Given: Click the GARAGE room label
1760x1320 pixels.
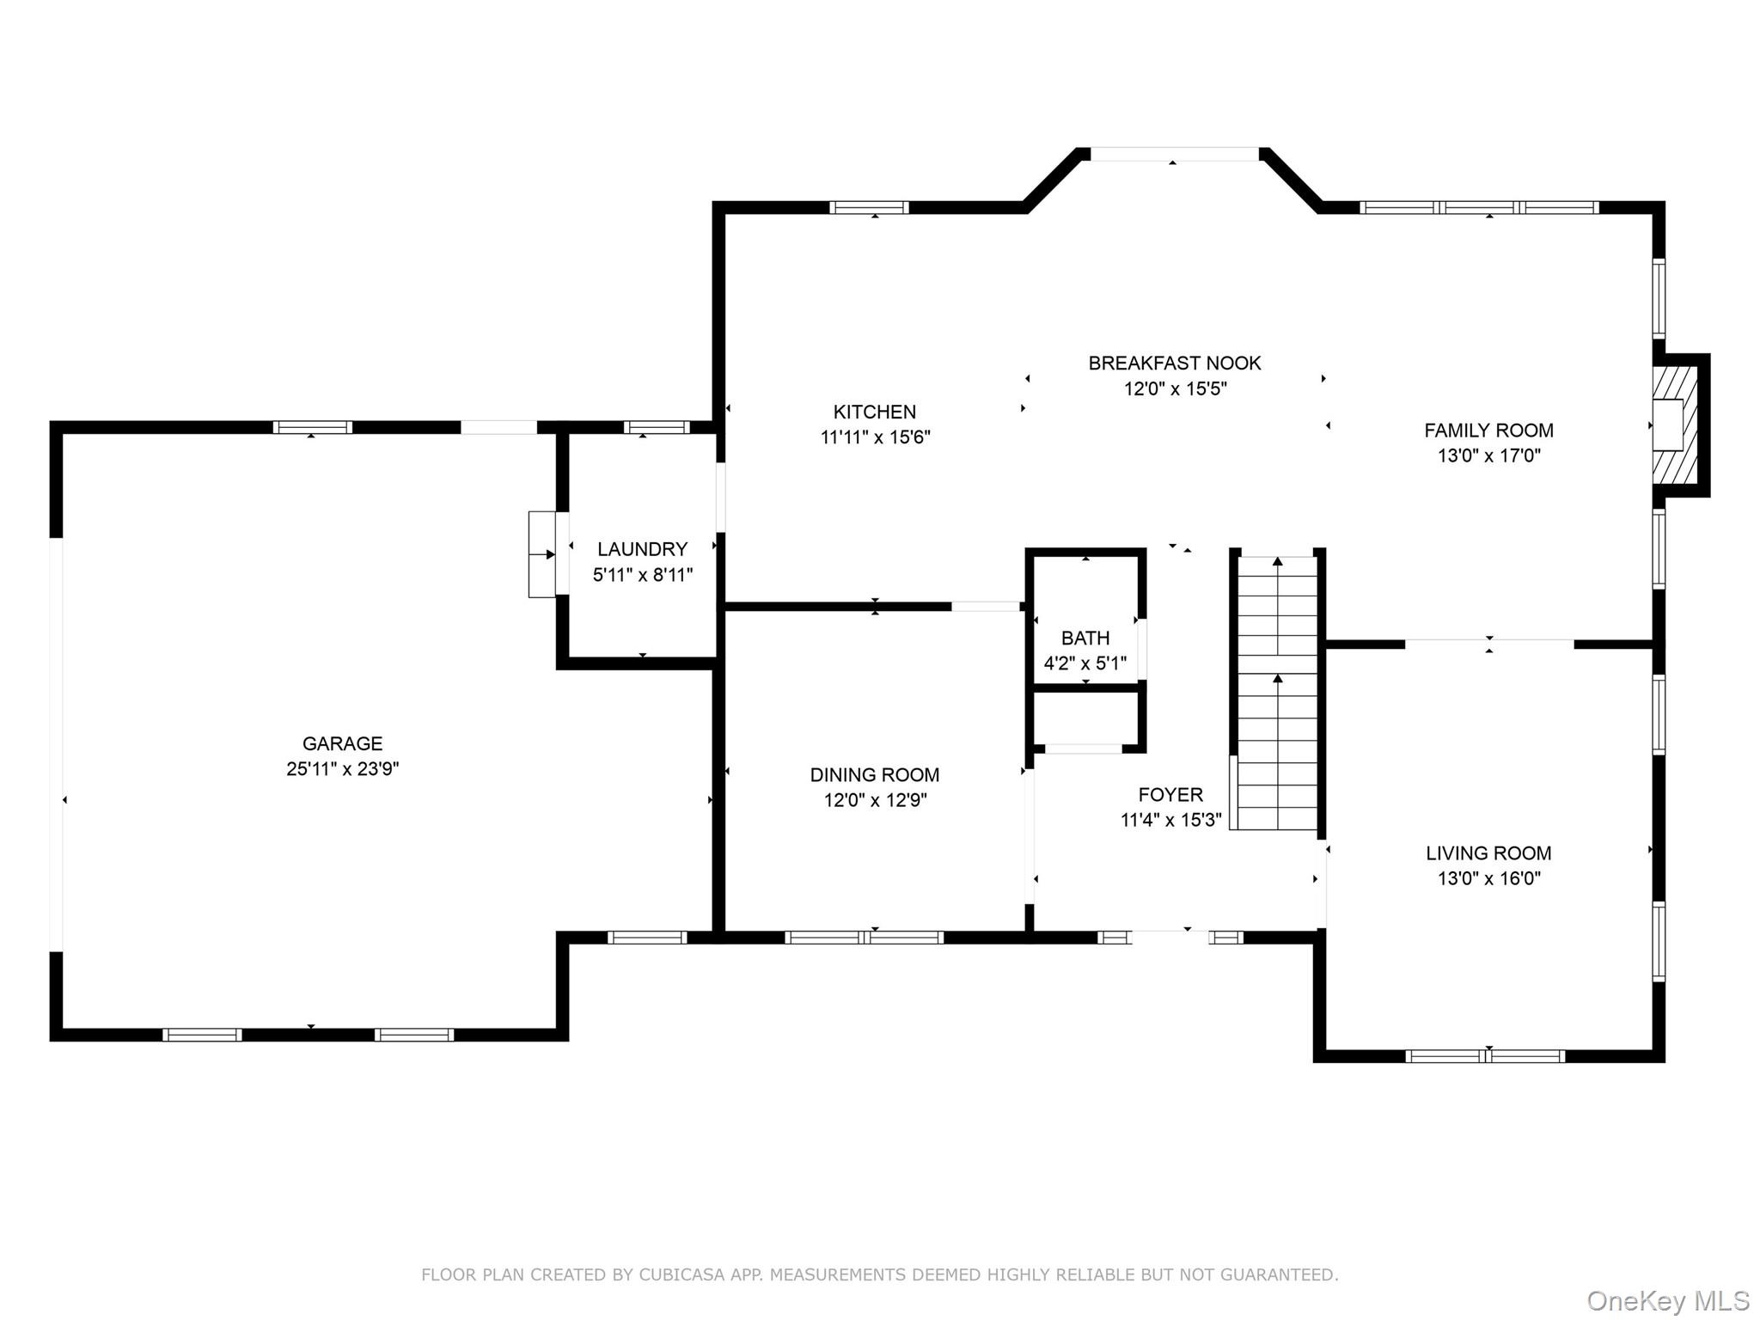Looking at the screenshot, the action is coord(342,743).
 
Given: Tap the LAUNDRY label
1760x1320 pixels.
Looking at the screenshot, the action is coord(643,549).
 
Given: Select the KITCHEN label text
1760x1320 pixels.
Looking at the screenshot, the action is coord(875,412).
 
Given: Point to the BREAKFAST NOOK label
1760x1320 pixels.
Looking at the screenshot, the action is coord(1175,363).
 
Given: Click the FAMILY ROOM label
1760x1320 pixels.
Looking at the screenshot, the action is coord(1489,431).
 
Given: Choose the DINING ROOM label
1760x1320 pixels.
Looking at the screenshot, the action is coord(875,775).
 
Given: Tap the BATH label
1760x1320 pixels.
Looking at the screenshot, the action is coord(1085,639).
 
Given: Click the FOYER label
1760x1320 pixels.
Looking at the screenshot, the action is coord(1170,795).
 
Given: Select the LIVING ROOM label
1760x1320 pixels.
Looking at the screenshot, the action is coord(1489,853).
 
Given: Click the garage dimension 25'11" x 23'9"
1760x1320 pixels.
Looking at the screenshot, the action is coord(342,769).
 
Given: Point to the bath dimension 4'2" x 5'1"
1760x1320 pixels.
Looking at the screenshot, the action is coord(1085,663).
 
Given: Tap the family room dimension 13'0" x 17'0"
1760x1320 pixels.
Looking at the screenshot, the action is coord(1489,455).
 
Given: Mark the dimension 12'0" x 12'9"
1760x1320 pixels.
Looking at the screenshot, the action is coord(875,800).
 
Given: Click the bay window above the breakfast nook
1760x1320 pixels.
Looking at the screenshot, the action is coord(1174,155).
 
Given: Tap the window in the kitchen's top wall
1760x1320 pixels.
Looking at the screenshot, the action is coord(869,207).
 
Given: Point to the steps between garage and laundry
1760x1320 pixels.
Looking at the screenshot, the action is coord(542,554).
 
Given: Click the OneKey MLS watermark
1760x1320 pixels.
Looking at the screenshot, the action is coord(1668,1301).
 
